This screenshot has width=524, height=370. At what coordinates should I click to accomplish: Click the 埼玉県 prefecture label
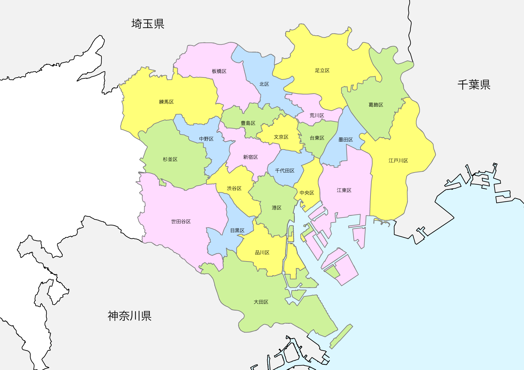click(x=148, y=24)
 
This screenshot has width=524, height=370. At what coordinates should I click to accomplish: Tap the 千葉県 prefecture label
click(x=474, y=85)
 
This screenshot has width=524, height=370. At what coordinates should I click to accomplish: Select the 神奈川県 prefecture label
click(x=130, y=316)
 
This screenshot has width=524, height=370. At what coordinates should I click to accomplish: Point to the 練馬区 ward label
click(x=166, y=102)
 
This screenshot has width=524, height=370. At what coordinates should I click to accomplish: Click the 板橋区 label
click(x=219, y=71)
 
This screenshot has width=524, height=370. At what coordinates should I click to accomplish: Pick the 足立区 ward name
click(x=322, y=70)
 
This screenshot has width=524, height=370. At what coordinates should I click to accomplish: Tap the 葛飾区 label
click(x=376, y=105)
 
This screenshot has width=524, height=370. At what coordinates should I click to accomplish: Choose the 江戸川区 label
click(x=398, y=161)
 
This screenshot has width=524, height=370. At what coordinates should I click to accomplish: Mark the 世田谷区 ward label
click(x=181, y=222)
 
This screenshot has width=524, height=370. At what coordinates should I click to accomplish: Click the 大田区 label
click(x=261, y=302)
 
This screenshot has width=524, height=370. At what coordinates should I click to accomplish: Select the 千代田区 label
click(x=285, y=171)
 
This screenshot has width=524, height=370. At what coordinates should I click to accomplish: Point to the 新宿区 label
click(x=250, y=157)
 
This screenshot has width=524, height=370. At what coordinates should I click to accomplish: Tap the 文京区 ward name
click(x=281, y=137)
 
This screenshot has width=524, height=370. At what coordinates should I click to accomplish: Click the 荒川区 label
click(x=317, y=115)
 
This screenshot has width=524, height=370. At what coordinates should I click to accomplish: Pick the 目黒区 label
click(x=237, y=230)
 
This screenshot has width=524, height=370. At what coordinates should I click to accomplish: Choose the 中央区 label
click(x=307, y=193)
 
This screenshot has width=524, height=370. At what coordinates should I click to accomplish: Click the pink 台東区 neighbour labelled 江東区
click(x=344, y=190)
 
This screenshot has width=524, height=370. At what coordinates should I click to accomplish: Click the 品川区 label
click(x=262, y=252)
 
